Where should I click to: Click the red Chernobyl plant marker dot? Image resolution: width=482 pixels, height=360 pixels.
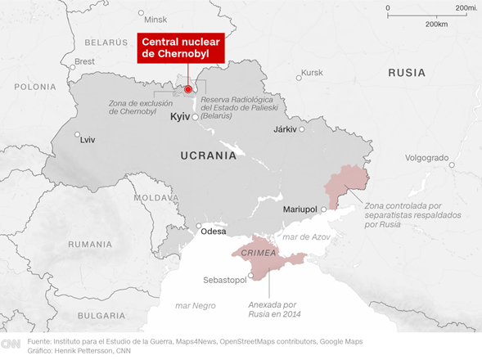coord(187,89)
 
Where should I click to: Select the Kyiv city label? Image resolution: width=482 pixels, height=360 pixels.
coord(179,118)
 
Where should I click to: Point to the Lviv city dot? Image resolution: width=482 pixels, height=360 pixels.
coord(77,135)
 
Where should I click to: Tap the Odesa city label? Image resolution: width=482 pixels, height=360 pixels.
coord(213,232)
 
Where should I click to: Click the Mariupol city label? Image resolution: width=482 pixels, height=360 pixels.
coord(300,210)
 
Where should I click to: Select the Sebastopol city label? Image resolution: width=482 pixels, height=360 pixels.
coord(225,281)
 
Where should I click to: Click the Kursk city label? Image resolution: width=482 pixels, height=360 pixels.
coord(313,73)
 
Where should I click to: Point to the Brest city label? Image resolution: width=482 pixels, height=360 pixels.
coord(84,61)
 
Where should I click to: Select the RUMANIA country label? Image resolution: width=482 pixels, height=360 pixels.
coord(90,244)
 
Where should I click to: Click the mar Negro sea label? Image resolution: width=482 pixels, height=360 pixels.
coord(196,305)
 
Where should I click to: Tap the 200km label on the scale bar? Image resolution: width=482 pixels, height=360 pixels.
coord(436,25)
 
